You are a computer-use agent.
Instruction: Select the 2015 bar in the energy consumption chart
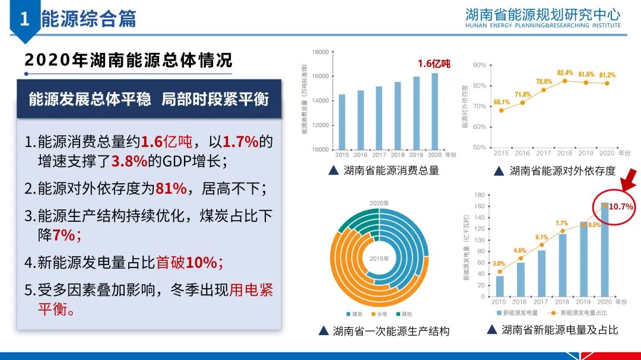coord(342,121)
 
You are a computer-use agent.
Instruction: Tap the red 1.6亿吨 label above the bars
coord(434,63)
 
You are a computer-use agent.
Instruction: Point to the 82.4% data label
coord(565,72)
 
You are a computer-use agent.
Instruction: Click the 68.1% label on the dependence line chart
coord(502,102)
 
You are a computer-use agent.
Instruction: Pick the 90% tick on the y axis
coord(480,65)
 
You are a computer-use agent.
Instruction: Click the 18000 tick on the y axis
coord(320,52)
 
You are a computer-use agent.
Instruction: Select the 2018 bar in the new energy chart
coord(562,265)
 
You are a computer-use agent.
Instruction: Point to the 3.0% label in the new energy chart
coord(499,263)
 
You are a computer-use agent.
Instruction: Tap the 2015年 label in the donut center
coord(378,258)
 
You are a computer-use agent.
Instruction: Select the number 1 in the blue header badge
coord(24,19)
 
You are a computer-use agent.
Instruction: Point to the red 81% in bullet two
coord(171,189)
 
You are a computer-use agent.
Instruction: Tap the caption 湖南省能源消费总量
coord(391,171)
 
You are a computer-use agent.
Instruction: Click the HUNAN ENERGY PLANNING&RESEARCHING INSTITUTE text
coord(543,26)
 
